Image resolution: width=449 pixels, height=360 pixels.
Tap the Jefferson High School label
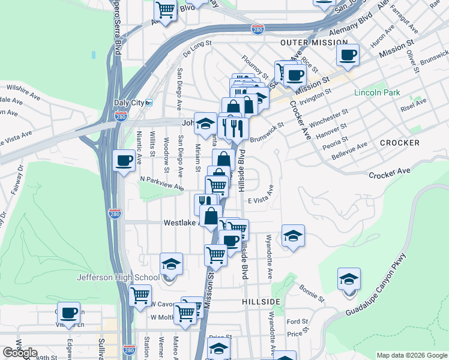point(118,277)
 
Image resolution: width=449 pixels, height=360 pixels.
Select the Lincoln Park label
point(377,93)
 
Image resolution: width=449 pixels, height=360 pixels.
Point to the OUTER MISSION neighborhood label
point(313,43)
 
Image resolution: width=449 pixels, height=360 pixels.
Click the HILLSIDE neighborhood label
point(261,301)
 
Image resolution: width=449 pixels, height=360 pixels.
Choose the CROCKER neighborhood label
point(399,143)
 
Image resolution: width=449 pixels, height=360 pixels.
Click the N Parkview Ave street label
point(161,183)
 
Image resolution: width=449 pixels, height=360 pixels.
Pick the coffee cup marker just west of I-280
point(124,161)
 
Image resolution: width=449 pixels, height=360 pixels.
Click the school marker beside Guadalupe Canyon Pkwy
point(349,279)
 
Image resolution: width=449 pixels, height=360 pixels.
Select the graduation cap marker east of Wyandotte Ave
point(293,236)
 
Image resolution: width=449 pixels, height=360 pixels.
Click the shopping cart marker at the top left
point(165,10)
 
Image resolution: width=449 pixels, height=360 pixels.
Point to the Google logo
point(20,353)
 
